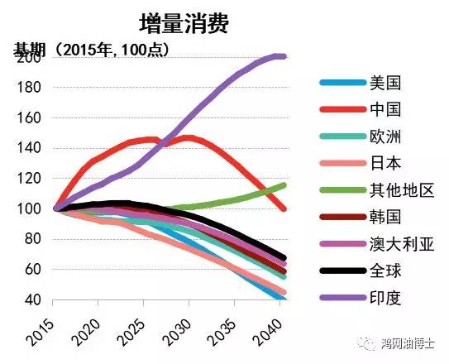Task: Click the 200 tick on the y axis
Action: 29,58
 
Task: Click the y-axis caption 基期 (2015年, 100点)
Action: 91,49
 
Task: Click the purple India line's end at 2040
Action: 283,56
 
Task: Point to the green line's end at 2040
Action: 283,185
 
